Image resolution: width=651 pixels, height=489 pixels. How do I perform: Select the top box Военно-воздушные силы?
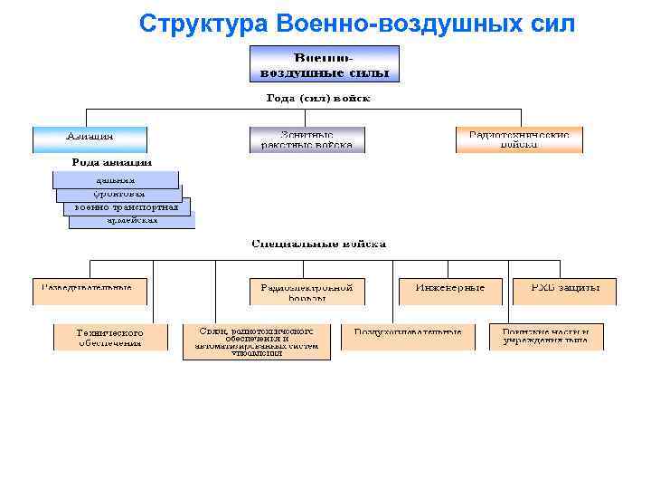pyautogui.click(x=325, y=65)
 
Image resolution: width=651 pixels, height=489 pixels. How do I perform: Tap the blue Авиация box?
pyautogui.click(x=90, y=139)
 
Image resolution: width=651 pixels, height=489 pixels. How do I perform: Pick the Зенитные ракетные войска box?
pyautogui.click(x=307, y=139)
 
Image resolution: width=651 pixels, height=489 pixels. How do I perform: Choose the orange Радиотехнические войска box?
pyautogui.click(x=519, y=139)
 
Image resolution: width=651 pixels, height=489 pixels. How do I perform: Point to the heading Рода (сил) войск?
pyautogui.click(x=318, y=98)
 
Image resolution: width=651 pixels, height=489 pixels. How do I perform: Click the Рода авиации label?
pyautogui.click(x=112, y=162)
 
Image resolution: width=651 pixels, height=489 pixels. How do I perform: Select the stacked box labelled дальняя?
pyautogui.click(x=116, y=179)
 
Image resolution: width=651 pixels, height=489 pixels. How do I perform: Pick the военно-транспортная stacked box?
pyautogui.click(x=127, y=207)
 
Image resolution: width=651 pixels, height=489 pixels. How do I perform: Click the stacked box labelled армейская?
pyautogui.click(x=132, y=220)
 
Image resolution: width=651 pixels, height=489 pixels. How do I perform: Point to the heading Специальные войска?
pyautogui.click(x=318, y=244)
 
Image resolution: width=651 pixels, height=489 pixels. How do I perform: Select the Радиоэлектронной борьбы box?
pyautogui.click(x=307, y=291)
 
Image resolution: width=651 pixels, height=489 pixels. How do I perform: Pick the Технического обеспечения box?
pyautogui.click(x=110, y=337)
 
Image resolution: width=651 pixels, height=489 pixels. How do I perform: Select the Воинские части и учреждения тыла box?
pyautogui.click(x=546, y=337)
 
